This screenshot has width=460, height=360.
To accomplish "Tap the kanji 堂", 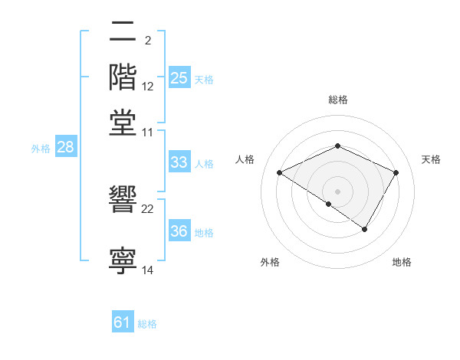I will (123, 122).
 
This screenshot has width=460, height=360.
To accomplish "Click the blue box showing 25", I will (179, 78).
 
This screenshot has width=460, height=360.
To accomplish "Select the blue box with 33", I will (179, 162).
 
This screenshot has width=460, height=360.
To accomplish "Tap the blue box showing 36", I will (179, 232).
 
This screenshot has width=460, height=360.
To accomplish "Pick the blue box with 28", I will (65, 148).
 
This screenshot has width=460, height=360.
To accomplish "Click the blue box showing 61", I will (123, 322).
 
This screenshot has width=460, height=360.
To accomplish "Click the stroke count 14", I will (148, 270).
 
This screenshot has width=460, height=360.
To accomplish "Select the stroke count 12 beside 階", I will (148, 86).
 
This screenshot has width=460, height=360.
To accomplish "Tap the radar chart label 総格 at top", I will (338, 100).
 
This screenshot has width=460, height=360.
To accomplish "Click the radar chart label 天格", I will (431, 159).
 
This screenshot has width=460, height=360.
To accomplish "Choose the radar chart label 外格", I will (270, 262).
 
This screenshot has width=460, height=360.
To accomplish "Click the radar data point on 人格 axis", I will (280, 173).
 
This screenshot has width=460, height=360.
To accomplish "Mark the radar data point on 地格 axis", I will (365, 229).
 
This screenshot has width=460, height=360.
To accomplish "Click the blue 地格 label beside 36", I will (204, 233).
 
